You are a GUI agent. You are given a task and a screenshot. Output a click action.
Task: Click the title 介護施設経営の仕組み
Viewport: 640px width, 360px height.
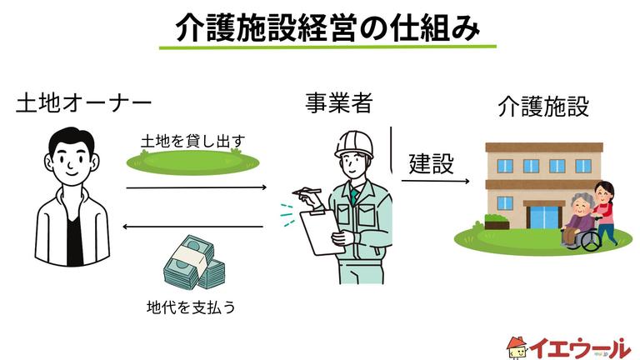[x=327, y=27]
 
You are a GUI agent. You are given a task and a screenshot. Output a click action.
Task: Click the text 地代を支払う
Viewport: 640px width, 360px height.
[x=191, y=307]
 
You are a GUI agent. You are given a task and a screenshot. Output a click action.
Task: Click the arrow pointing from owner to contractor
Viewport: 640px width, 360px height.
[x=195, y=187]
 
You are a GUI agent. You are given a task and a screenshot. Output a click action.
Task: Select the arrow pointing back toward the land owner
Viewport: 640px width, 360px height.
[x=192, y=226]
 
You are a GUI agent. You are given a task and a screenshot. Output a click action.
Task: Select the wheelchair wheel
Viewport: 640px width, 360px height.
[x=589, y=239]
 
